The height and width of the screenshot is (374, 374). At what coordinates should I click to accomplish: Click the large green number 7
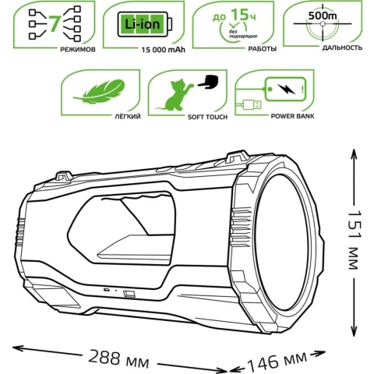pos(54,23)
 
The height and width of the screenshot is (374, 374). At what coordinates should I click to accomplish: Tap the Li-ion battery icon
pos(145,25)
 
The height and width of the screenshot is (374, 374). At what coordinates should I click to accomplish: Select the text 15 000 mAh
pos(163,50)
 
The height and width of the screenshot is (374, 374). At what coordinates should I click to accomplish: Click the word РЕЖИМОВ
pos(78,49)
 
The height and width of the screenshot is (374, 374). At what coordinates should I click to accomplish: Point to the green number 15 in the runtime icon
pos(239,15)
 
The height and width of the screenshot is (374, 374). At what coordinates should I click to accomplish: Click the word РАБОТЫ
pos(263,49)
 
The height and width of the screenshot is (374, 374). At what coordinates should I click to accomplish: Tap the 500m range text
pos(323,16)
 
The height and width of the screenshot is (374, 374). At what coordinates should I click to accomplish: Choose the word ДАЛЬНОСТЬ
pos(342,48)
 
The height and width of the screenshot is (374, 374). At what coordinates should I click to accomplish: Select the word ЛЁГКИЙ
pos(128,116)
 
